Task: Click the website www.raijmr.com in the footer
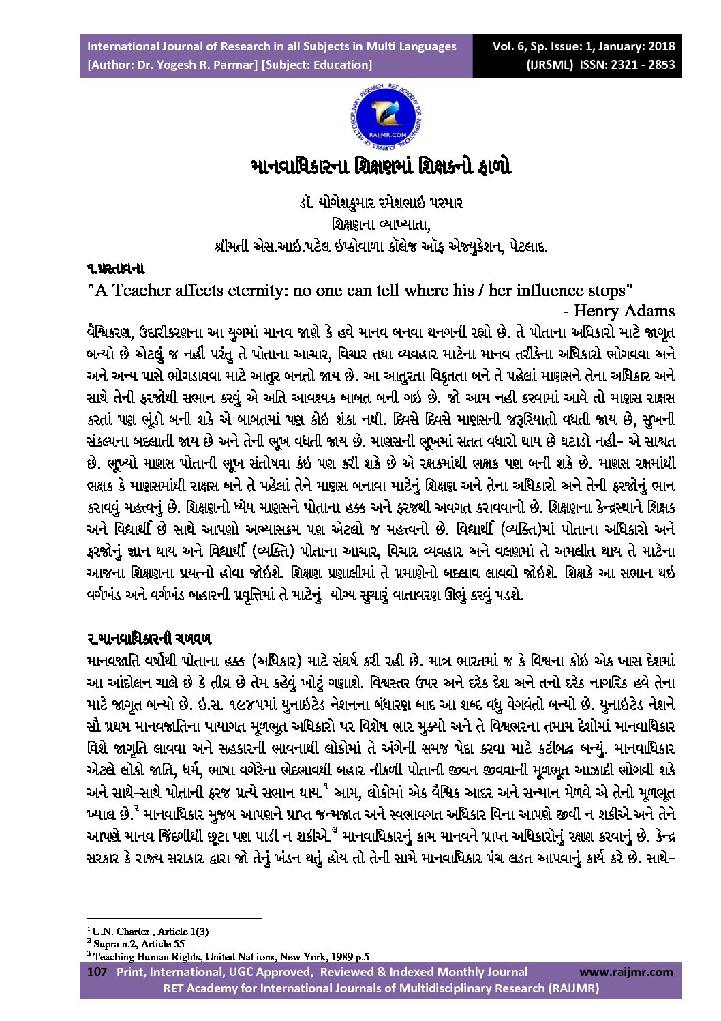point(626,972)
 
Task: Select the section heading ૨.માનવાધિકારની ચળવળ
point(149,639)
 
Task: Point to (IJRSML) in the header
point(549,65)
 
